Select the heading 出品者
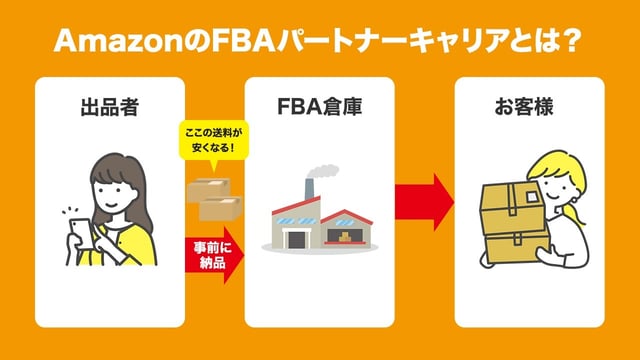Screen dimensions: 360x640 click(x=110, y=105)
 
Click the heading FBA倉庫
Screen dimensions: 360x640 click(x=319, y=105)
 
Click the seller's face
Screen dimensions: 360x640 click(x=114, y=189)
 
